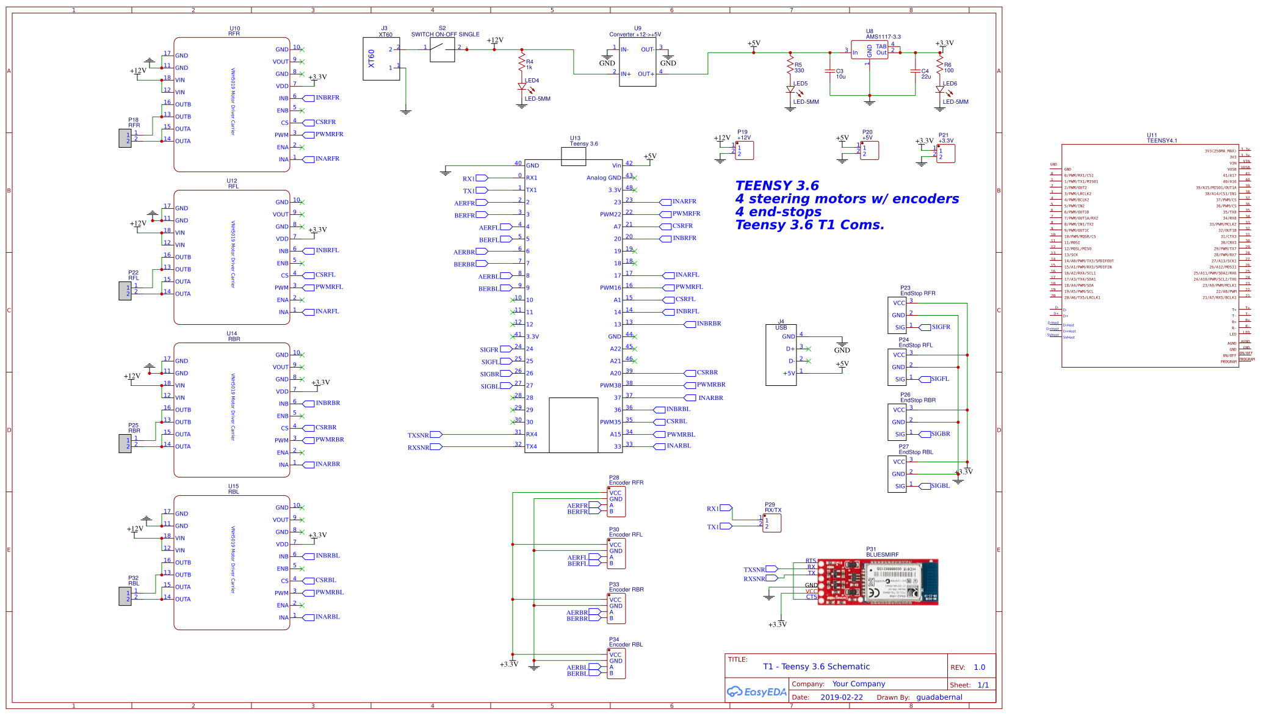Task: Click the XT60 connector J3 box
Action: [381, 59]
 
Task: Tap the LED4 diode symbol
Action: [522, 87]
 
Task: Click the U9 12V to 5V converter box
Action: [637, 62]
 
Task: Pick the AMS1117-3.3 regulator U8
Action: [869, 50]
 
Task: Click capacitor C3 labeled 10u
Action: [830, 71]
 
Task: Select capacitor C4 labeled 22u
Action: [915, 71]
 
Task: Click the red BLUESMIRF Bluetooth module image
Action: [877, 581]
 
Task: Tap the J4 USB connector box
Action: [781, 355]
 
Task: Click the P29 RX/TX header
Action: [771, 523]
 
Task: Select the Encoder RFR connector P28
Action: [616, 501]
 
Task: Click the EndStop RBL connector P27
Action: [897, 474]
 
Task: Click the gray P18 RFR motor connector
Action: [125, 138]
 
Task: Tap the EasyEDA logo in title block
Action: [756, 692]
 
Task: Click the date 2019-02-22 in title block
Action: [841, 697]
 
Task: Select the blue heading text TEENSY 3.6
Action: [776, 186]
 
